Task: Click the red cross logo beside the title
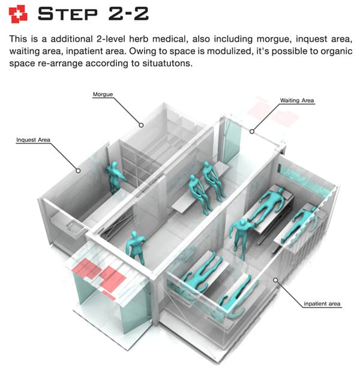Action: [x=18, y=14]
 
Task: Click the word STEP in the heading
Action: [x=68, y=14]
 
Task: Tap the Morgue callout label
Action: [x=103, y=94]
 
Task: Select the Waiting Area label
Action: [x=297, y=100]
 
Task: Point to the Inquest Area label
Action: [x=34, y=140]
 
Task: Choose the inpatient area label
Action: [x=322, y=303]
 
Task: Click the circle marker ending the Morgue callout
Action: [x=141, y=125]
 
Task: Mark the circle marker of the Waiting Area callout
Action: [x=252, y=132]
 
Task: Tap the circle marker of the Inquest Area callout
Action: [x=78, y=171]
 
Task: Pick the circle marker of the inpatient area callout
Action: [x=275, y=280]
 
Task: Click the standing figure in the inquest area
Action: [x=115, y=178]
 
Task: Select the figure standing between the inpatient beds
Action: [x=241, y=237]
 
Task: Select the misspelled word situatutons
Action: [x=167, y=63]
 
